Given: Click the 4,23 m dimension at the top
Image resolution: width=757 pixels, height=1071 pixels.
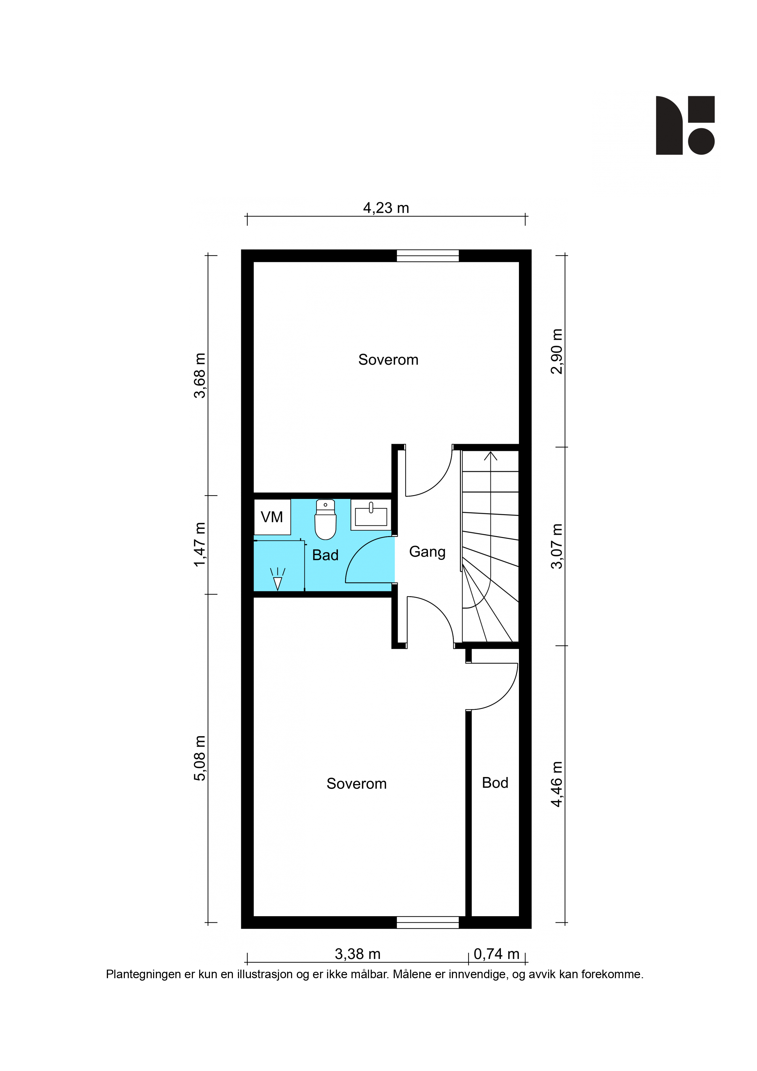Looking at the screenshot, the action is [x=386, y=208].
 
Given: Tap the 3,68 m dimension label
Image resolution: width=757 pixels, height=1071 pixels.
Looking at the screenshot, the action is [x=200, y=376].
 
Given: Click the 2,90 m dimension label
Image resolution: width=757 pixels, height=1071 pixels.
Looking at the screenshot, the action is [x=557, y=351].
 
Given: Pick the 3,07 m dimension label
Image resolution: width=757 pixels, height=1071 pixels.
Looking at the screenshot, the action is [x=557, y=546].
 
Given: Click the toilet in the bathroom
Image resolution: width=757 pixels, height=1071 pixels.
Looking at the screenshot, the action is [x=326, y=519].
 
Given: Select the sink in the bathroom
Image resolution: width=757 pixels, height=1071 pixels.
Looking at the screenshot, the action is [x=371, y=515].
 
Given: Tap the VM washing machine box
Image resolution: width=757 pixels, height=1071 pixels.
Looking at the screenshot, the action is [x=272, y=517].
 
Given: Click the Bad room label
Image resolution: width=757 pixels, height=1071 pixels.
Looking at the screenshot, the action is [x=325, y=555].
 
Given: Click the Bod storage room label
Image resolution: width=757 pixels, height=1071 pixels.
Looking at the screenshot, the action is [x=495, y=783].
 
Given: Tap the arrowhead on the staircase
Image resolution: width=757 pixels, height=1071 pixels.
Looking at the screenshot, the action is [x=490, y=456].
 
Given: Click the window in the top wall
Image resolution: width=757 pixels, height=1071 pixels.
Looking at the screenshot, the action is [x=428, y=256].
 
